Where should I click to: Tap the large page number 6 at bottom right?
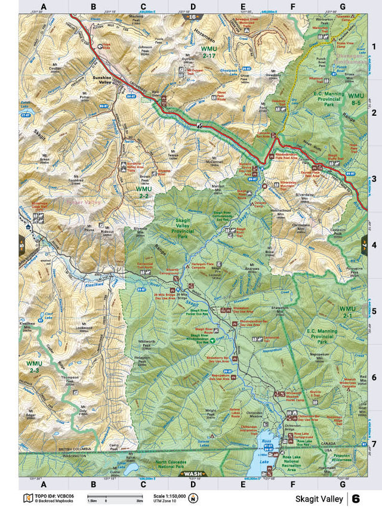pos(356,498)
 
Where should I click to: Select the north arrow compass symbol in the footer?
pos(192,498)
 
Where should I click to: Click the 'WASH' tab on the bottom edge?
pos(191,474)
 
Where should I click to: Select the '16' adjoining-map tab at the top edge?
pos(192,17)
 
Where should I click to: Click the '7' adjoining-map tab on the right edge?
pos(363,246)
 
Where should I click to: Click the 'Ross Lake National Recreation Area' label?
pos(302,462)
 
